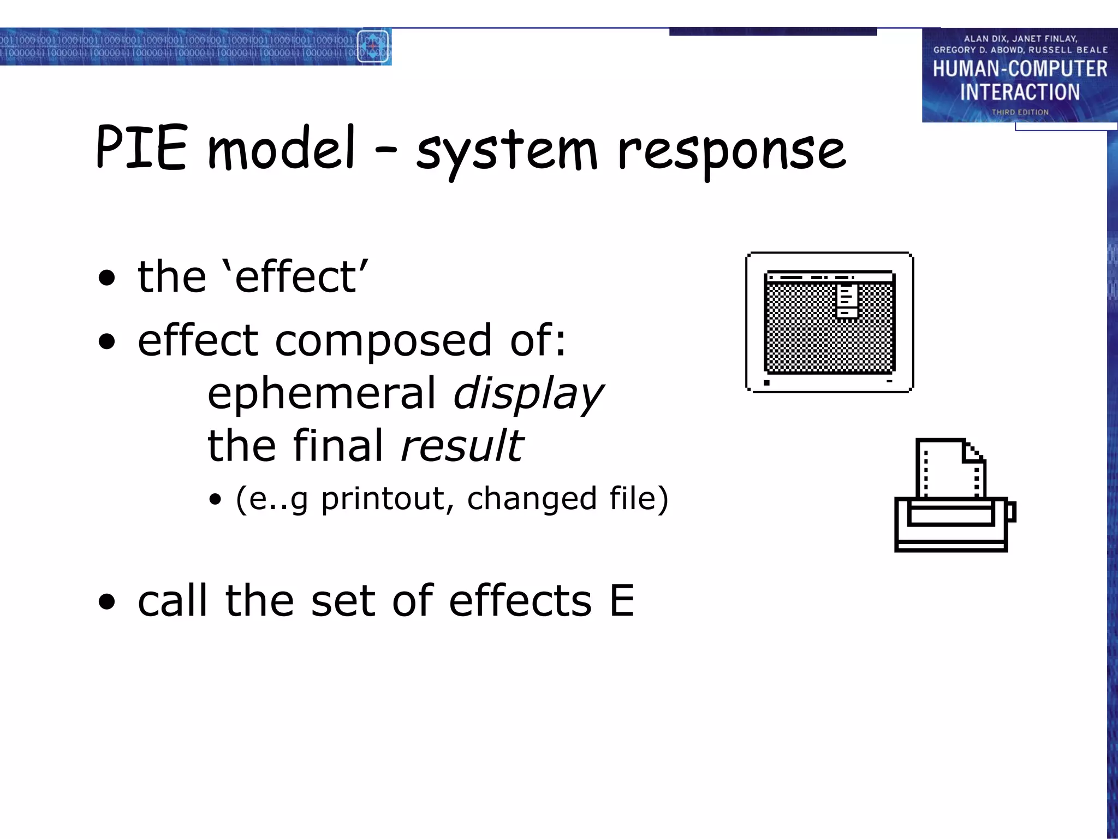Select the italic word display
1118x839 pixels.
pos(528,393)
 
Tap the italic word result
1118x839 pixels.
pos(462,446)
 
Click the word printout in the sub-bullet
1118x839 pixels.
pos(386,498)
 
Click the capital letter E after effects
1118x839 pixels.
pos(622,601)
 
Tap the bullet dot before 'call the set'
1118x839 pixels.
pos(107,602)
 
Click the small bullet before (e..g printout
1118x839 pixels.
pos(216,499)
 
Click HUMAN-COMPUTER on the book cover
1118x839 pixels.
pos(1020,69)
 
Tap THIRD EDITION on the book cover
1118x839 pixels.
pos(1020,112)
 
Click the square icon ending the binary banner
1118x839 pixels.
pos(373,46)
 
